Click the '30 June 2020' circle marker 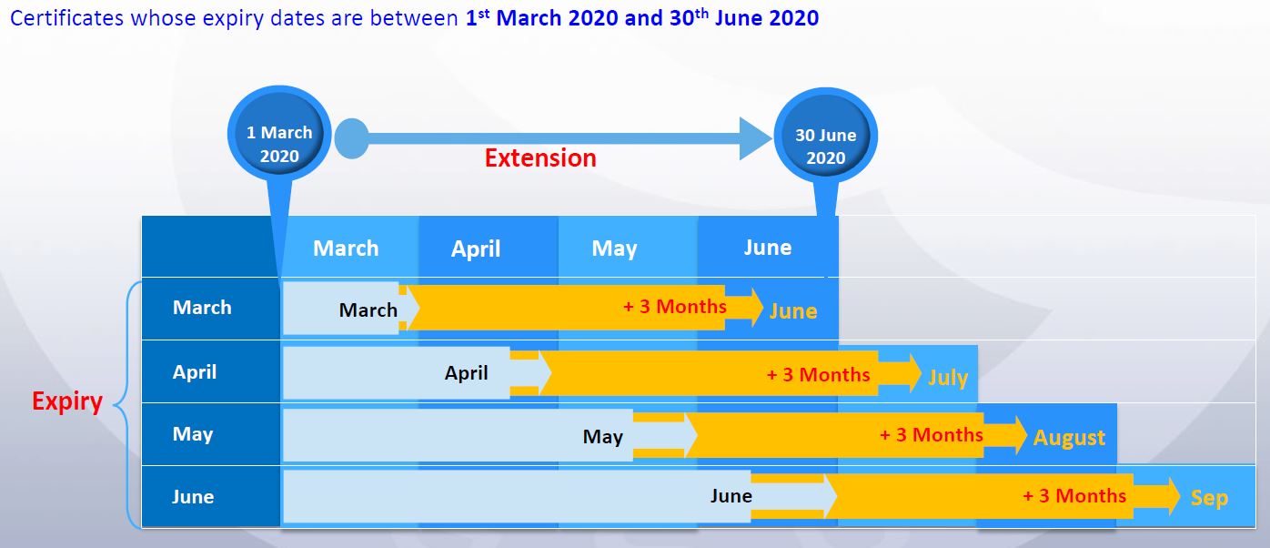(x=825, y=137)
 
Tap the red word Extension (x=540, y=157)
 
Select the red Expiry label (x=67, y=401)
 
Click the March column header (x=346, y=248)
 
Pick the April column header (x=476, y=249)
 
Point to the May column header (x=615, y=249)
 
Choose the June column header (x=768, y=248)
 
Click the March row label (x=202, y=307)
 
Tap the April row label (x=195, y=372)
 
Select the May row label (x=193, y=434)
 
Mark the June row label (x=193, y=496)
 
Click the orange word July (x=948, y=377)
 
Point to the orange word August (x=1069, y=437)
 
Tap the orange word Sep (x=1209, y=498)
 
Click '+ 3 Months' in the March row (x=675, y=307)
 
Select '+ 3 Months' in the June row (x=1074, y=496)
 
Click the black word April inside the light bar (x=466, y=372)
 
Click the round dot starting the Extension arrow (x=351, y=138)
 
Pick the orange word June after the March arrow (x=793, y=311)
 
